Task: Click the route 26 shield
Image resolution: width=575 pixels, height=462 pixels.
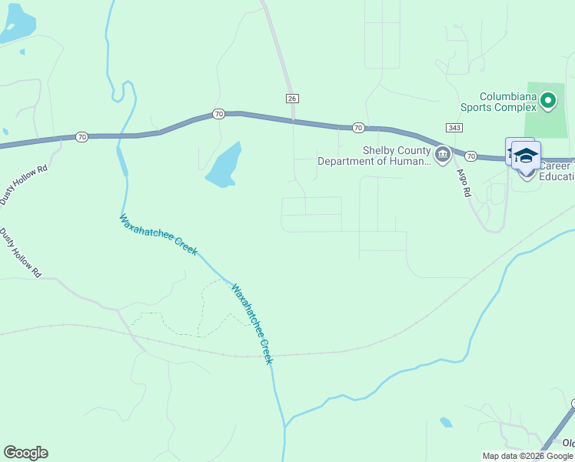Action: (291, 99)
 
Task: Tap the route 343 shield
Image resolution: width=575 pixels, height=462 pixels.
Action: (452, 126)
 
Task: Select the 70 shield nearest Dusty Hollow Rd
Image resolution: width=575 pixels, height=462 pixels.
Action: (81, 136)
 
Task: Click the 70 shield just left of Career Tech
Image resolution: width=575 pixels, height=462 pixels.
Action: (470, 156)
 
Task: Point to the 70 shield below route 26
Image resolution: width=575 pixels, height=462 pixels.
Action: (357, 127)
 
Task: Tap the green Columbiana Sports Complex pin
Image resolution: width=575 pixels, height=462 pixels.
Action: (547, 100)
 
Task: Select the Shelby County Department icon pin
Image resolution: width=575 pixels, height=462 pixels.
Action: (442, 156)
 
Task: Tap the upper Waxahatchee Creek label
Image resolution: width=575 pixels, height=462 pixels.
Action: (158, 235)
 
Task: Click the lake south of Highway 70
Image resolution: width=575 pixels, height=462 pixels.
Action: (224, 166)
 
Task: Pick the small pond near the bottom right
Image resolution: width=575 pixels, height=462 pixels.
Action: (446, 422)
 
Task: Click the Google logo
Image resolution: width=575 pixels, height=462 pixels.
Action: (25, 453)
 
